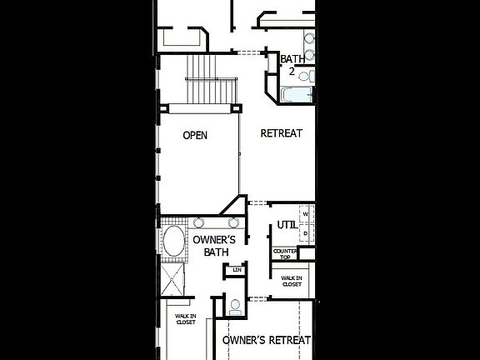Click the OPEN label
tap(195, 135)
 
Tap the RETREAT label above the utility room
tap(281, 133)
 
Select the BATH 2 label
tap(292, 65)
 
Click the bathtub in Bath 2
tap(295, 95)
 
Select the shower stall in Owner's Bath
tap(173, 278)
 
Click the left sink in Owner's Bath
tap(200, 222)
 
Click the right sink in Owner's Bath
tap(234, 222)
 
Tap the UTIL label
tap(287, 224)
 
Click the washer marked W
tap(306, 215)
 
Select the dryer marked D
tap(306, 234)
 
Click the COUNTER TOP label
tap(285, 252)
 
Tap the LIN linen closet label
tap(237, 270)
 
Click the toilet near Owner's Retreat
tap(235, 305)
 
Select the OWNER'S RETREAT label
tap(267, 340)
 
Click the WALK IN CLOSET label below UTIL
tap(291, 282)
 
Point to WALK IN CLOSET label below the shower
tap(185, 319)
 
